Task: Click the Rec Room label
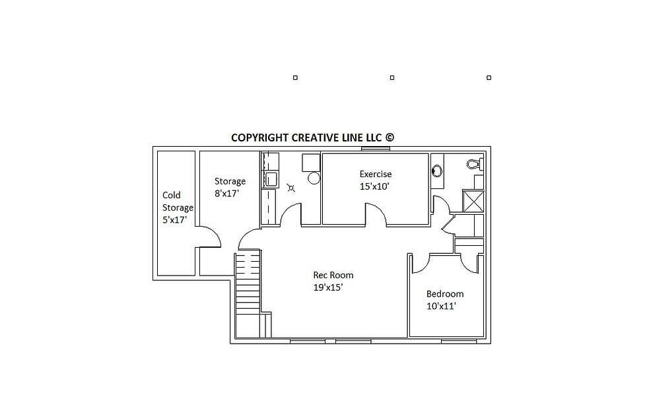333,275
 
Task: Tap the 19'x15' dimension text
328,287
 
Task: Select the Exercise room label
376,174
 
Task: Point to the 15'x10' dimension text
374,186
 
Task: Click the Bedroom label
445,294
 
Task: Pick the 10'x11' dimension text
441,306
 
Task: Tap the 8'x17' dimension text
226,194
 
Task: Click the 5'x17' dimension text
174,220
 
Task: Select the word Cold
171,195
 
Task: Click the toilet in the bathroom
475,164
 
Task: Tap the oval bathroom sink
436,171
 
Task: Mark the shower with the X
473,201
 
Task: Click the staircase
248,295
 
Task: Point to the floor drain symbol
291,188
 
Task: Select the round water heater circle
314,178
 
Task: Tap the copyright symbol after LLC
390,137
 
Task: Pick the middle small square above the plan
392,78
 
